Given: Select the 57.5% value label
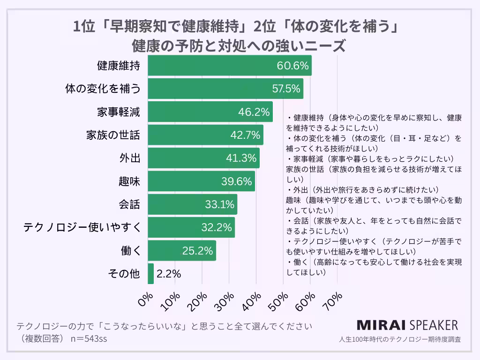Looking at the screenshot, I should pyautogui.click(x=286, y=89).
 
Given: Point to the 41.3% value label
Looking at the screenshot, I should pyautogui.click(x=242, y=158).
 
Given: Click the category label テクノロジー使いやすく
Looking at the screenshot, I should pyautogui.click(x=82, y=227).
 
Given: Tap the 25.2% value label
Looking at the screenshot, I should pyautogui.click(x=197, y=250).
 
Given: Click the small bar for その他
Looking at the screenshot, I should pyautogui.click(x=150, y=274).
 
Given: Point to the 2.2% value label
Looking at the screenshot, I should pyautogui.click(x=169, y=274).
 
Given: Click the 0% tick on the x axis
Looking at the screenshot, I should pyautogui.click(x=146, y=300).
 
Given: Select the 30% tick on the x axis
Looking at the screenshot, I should pyautogui.click(x=228, y=300).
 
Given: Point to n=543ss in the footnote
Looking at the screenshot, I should pyautogui.click(x=89, y=338).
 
